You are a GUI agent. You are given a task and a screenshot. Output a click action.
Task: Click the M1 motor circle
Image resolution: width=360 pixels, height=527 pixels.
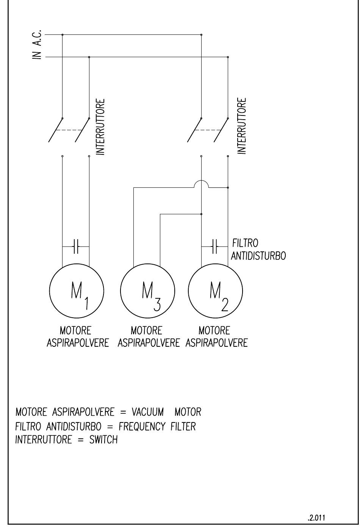49,291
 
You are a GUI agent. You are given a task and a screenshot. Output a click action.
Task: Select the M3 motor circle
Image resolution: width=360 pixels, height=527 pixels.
121,291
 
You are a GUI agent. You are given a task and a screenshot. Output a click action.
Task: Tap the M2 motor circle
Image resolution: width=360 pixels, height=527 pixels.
188,291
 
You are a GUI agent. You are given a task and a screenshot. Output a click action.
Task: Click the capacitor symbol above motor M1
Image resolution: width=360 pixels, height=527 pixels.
76,246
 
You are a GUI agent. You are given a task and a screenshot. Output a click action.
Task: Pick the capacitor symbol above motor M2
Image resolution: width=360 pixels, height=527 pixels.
214,246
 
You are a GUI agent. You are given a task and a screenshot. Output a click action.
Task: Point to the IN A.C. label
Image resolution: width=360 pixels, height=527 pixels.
37,44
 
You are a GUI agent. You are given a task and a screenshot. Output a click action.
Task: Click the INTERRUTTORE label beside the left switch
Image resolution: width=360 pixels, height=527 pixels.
100,126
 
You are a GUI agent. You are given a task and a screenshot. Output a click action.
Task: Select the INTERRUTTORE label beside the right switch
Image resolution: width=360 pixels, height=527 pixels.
242,126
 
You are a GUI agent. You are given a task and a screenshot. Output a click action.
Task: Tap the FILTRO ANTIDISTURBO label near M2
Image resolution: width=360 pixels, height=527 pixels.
258,249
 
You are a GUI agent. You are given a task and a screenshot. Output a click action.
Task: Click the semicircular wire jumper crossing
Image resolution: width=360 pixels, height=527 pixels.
201,181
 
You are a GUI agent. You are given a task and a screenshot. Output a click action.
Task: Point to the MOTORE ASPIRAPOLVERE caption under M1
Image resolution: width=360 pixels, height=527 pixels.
78,337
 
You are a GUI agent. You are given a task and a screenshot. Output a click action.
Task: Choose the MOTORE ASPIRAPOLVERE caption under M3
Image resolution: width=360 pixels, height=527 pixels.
149,337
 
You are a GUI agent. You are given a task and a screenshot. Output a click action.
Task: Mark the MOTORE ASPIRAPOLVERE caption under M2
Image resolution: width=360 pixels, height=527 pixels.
217,337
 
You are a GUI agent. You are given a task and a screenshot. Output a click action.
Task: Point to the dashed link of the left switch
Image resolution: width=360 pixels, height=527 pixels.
69,130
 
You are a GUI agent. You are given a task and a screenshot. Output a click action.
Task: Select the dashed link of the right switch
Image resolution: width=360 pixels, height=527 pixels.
208,130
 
